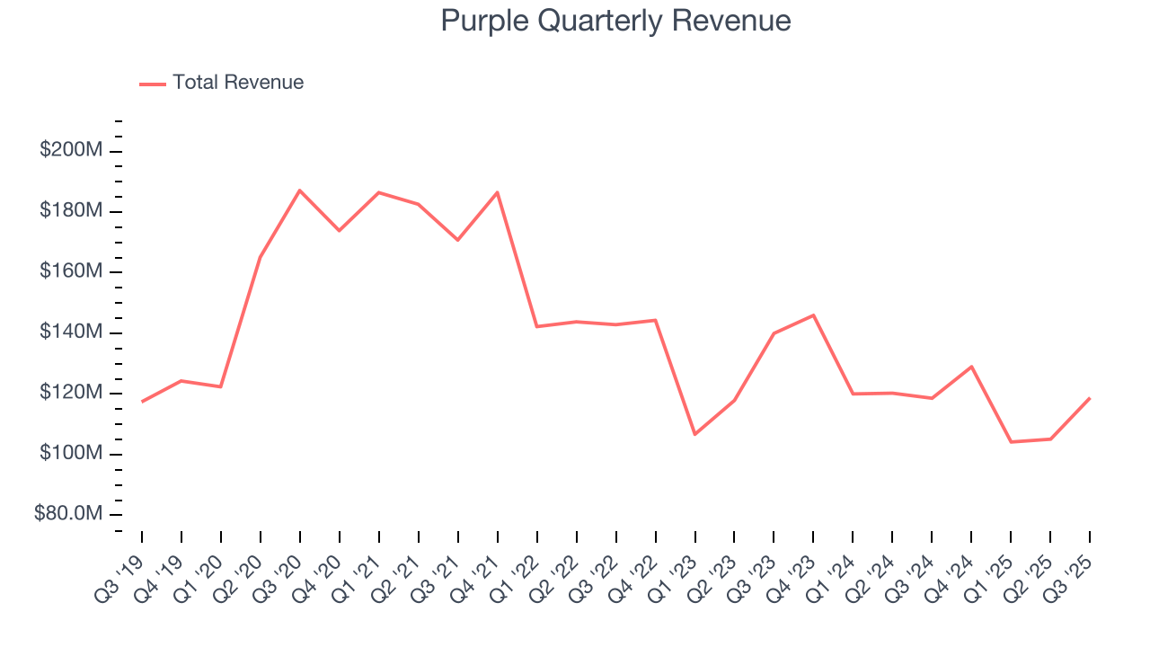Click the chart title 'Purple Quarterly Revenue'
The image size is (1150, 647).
pyautogui.click(x=615, y=21)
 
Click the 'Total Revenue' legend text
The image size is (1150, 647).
pyautogui.click(x=238, y=83)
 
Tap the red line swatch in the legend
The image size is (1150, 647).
pyautogui.click(x=153, y=84)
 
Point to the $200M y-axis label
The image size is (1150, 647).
pyautogui.click(x=71, y=150)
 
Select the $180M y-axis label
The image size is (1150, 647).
pyautogui.click(x=71, y=211)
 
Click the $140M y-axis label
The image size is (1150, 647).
pyautogui.click(x=71, y=332)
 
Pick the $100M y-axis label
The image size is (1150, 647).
pyautogui.click(x=71, y=454)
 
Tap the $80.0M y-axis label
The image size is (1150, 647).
pyautogui.click(x=68, y=514)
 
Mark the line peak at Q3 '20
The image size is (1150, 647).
pyautogui.click(x=300, y=191)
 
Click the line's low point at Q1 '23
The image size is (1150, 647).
pyautogui.click(x=694, y=434)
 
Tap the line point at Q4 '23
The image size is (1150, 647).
pyautogui.click(x=813, y=315)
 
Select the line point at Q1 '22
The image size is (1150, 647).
pyautogui.click(x=536, y=326)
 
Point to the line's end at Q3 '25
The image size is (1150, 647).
pyautogui.click(x=1090, y=398)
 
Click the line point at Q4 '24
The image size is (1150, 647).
pyautogui.click(x=971, y=367)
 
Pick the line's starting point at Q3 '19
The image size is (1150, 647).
pyautogui.click(x=142, y=402)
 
